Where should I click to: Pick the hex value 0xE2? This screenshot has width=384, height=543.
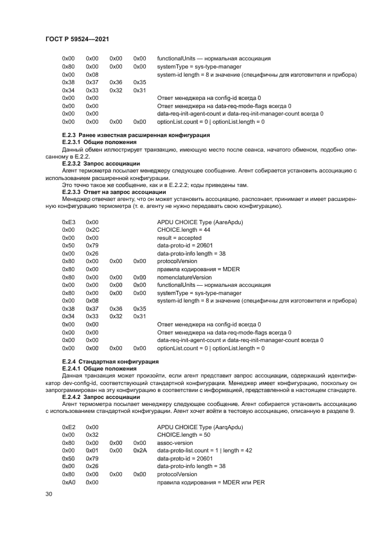tap(69, 426)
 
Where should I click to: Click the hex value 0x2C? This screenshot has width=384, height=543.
tap(92, 230)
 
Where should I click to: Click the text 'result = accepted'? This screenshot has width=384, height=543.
tap(180, 238)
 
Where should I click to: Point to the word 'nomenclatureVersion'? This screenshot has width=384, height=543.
tap(185, 277)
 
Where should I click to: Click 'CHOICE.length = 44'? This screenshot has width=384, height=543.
tap(183, 230)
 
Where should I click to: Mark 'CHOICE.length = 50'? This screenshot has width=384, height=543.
tap(183, 434)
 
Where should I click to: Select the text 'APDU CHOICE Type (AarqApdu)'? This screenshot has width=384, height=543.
tap(200, 426)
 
